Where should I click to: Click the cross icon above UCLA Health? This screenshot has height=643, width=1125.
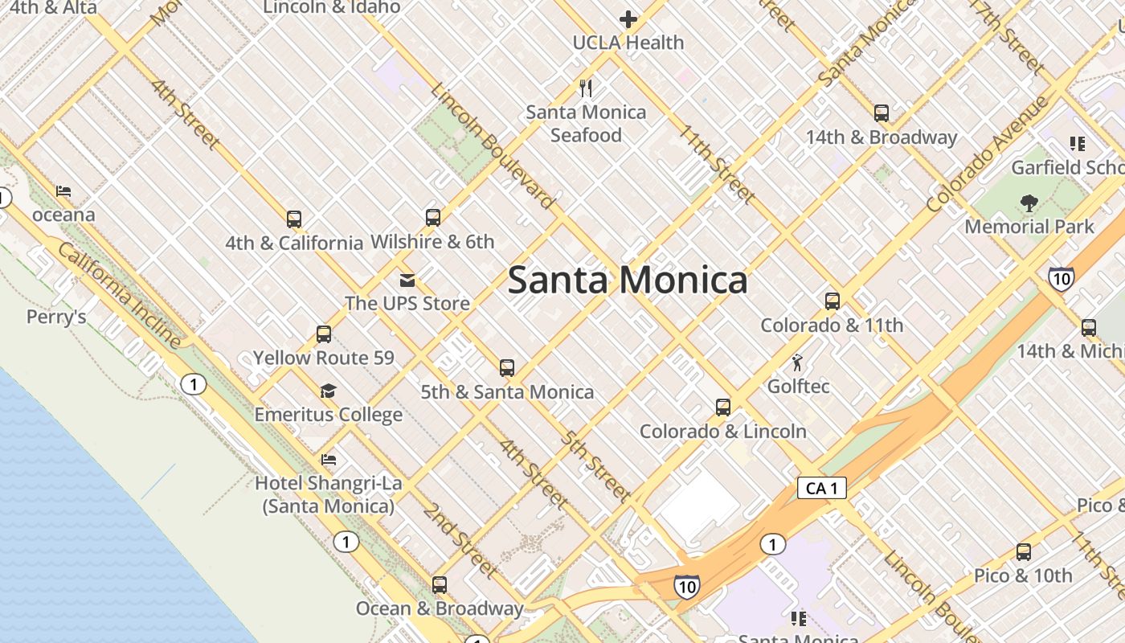pyautogui.click(x=628, y=19)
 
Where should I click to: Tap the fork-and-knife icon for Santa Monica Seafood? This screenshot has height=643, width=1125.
pyautogui.click(x=586, y=88)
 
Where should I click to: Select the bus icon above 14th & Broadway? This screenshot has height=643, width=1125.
pyautogui.click(x=882, y=113)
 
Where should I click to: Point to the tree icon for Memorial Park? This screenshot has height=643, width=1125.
pyautogui.click(x=1029, y=203)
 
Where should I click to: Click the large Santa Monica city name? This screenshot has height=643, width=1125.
pyautogui.click(x=628, y=280)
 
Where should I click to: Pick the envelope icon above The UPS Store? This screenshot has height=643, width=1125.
pyautogui.click(x=407, y=280)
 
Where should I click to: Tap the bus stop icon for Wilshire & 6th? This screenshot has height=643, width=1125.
pyautogui.click(x=433, y=217)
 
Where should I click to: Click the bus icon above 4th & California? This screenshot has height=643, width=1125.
pyautogui.click(x=294, y=219)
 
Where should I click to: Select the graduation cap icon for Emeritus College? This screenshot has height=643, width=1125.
pyautogui.click(x=328, y=391)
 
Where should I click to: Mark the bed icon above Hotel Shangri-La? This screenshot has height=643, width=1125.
pyautogui.click(x=328, y=460)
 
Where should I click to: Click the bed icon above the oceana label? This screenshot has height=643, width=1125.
pyautogui.click(x=63, y=191)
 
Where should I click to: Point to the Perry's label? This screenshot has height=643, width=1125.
pyautogui.click(x=56, y=317)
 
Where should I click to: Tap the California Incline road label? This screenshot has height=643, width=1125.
pyautogui.click(x=119, y=295)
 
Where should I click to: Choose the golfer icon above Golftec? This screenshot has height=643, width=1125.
pyautogui.click(x=797, y=362)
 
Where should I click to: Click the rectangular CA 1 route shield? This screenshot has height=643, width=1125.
pyautogui.click(x=822, y=488)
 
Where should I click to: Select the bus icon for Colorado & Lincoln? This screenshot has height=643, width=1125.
pyautogui.click(x=723, y=408)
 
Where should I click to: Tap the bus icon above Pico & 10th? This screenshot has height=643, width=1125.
pyautogui.click(x=1023, y=552)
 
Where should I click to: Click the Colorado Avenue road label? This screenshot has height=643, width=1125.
pyautogui.click(x=987, y=154)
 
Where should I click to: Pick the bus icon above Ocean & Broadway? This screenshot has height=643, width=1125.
pyautogui.click(x=440, y=584)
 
